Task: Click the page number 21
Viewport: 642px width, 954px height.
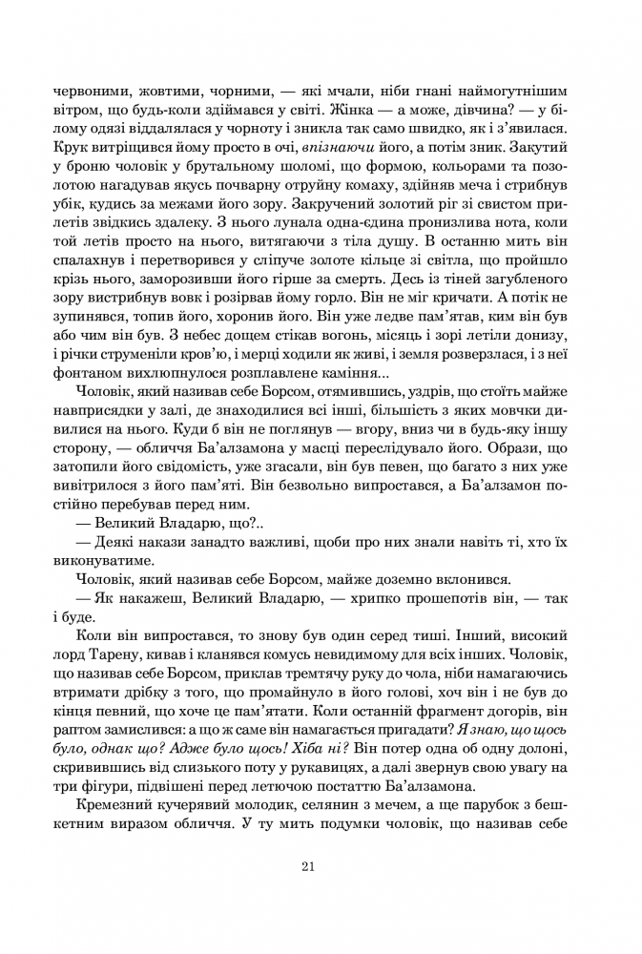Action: (306, 866)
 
